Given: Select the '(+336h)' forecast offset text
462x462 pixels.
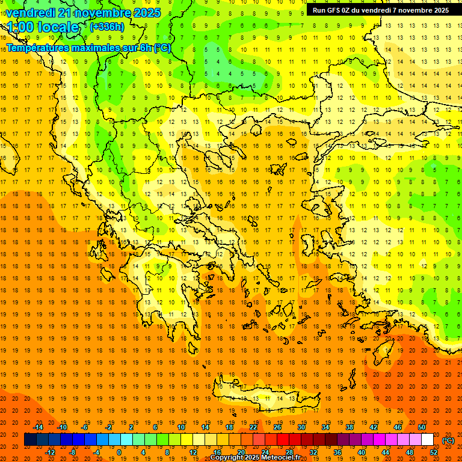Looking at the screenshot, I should pyautogui.click(x=107, y=26).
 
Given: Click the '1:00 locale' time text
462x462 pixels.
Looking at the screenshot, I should pyautogui.click(x=43, y=28).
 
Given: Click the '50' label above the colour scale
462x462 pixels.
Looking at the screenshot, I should pyautogui.click(x=422, y=427).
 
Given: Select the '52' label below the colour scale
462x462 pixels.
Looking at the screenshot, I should pyautogui.click(x=434, y=452).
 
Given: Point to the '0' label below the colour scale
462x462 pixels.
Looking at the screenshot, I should pyautogui.click(x=120, y=452).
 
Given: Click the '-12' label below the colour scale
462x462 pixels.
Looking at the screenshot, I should pyautogui.click(x=50, y=452).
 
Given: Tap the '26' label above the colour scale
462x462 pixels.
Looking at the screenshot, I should pyautogui.click(x=277, y=427).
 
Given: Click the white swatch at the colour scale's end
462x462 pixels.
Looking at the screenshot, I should pyautogui.click(x=428, y=440).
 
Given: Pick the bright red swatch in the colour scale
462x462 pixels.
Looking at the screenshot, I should pyautogui.click(x=283, y=440).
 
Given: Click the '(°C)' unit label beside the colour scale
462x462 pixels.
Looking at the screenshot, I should pyautogui.click(x=448, y=440).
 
